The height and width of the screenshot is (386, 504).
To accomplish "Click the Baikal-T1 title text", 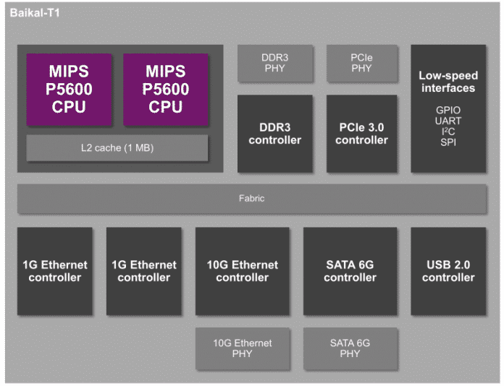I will [35, 13].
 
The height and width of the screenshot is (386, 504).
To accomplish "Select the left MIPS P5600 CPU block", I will [69, 90].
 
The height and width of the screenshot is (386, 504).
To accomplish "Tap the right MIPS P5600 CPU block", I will [166, 90].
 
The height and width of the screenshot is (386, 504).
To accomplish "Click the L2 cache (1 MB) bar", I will [117, 148].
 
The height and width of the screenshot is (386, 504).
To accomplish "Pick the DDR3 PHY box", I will [275, 63].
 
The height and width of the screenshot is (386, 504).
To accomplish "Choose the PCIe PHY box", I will [361, 63].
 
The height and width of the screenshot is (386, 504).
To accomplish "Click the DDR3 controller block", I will [275, 134].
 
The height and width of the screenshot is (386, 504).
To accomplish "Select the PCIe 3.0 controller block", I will [361, 134].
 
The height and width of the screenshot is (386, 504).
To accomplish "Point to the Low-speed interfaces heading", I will [447, 82].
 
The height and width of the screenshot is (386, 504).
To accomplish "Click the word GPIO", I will [447, 111].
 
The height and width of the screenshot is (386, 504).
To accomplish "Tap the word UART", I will [447, 121].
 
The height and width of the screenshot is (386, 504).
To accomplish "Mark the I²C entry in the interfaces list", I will [447, 132].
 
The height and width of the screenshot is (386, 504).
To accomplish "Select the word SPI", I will [447, 143].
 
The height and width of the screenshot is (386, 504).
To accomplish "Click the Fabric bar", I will [252, 198].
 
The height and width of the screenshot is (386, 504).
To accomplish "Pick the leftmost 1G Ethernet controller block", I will [55, 271].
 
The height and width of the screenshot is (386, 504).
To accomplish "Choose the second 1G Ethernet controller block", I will [144, 271].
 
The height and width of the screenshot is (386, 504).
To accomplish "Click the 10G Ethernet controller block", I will [243, 271].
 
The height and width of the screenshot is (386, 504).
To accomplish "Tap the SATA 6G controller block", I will [350, 271].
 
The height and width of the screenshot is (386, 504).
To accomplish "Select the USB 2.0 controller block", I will [448, 271].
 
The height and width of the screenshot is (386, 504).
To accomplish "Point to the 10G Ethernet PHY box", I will [243, 348].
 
